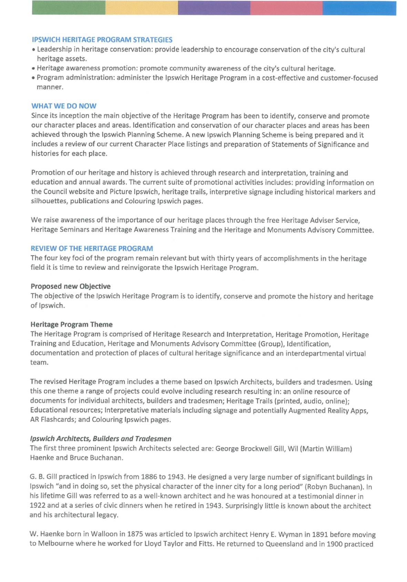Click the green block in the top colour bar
69,8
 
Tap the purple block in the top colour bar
214,8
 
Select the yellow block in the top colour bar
142,8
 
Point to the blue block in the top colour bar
359,8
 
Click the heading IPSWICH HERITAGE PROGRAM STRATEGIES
102,40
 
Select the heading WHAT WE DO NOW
64,106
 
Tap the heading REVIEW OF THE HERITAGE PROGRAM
92,249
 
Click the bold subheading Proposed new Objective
71,286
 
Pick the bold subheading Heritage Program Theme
71,324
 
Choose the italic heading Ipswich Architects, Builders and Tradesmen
101,439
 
